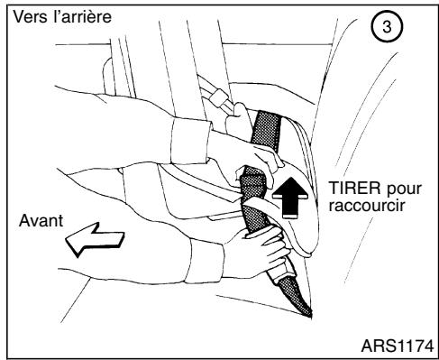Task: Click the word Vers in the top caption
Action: (x=24, y=18)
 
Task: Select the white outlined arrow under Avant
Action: (x=86, y=243)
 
